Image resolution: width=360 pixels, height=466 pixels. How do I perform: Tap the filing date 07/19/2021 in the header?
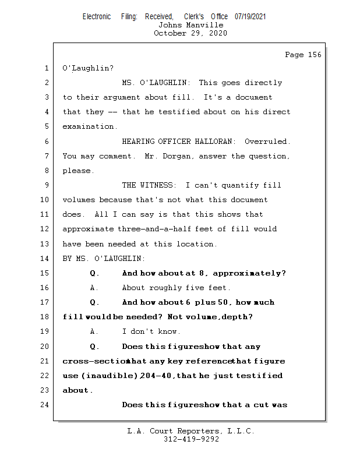(x=250, y=17)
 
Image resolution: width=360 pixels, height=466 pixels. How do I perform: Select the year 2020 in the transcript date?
(x=217, y=33)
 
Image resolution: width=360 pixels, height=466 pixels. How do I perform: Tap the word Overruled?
(x=267, y=142)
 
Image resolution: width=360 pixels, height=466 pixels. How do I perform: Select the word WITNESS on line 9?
(x=156, y=185)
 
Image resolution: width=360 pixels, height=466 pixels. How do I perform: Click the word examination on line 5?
(x=89, y=126)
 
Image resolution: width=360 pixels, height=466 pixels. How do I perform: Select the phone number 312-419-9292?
(x=191, y=439)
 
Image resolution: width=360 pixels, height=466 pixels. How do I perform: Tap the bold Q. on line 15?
(x=95, y=273)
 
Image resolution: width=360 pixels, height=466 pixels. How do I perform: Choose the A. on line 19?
(x=95, y=331)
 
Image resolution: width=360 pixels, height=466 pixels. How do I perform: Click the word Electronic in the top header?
(x=97, y=17)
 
